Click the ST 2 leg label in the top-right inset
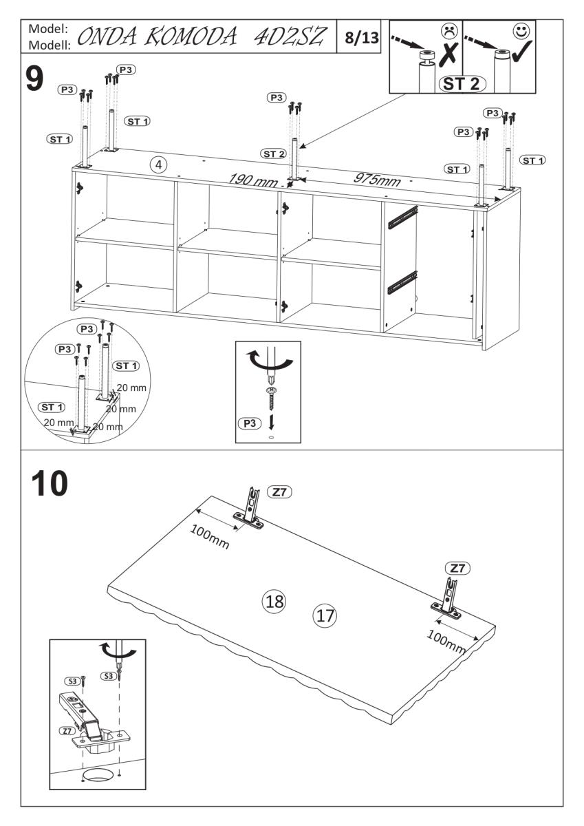coord(462,84)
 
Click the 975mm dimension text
coord(376,178)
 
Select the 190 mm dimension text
coord(251,180)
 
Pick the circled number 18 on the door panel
coord(274,600)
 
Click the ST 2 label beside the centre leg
coord(273,153)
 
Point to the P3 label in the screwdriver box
coord(249,424)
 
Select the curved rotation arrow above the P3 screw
coord(264,362)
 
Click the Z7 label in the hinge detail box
coord(67,730)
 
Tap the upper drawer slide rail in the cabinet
coord(402,217)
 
